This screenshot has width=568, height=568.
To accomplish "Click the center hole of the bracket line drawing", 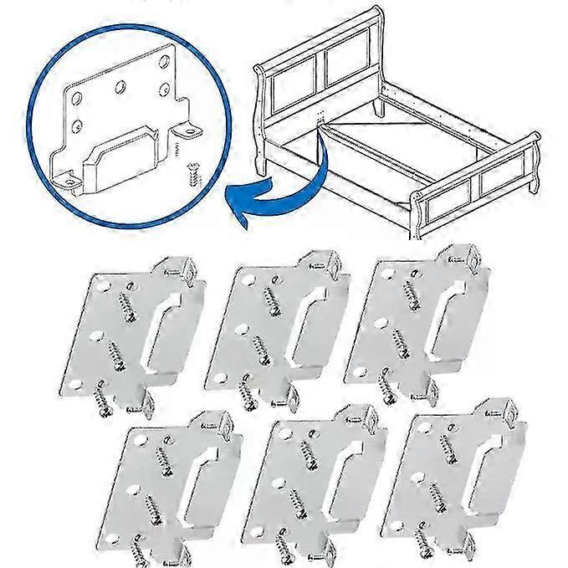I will click(x=122, y=86).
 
